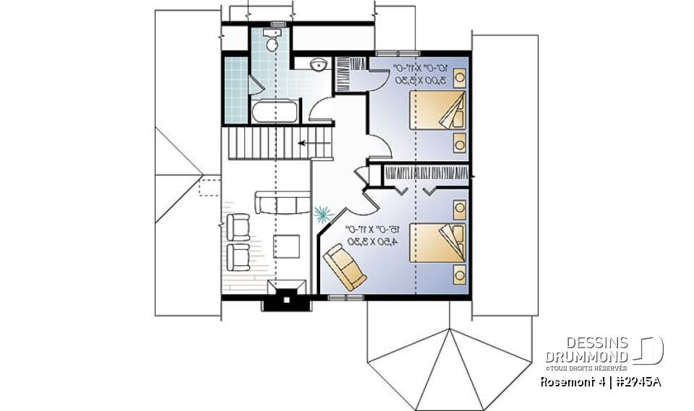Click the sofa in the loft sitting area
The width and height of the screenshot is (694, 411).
(280, 203)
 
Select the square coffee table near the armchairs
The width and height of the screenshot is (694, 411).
(287, 246)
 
